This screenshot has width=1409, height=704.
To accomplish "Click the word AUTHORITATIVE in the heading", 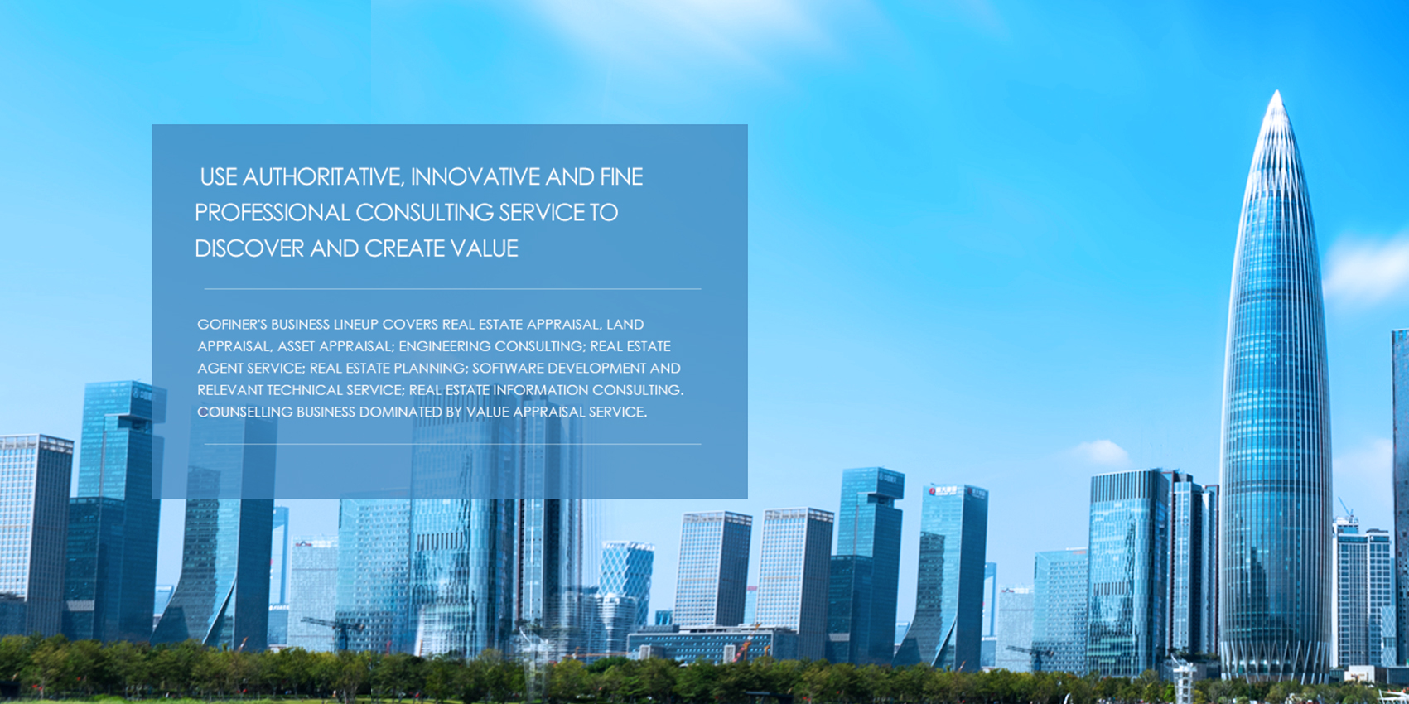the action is (323, 176).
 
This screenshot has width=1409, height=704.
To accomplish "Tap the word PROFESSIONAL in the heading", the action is (272, 213).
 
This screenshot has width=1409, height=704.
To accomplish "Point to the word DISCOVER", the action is (249, 248).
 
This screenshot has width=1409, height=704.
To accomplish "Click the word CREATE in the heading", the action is (404, 248).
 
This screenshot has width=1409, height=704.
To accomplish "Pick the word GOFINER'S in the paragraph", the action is (232, 325).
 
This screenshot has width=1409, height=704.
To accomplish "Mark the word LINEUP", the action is (356, 325).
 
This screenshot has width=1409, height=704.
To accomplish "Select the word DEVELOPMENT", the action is (602, 368).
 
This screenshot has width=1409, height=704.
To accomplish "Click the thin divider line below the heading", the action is (452, 289).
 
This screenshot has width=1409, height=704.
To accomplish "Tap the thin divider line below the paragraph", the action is (452, 444).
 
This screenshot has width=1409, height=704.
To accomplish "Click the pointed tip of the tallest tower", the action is (1276, 91).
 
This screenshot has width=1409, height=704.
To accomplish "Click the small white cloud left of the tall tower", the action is (1102, 451).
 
